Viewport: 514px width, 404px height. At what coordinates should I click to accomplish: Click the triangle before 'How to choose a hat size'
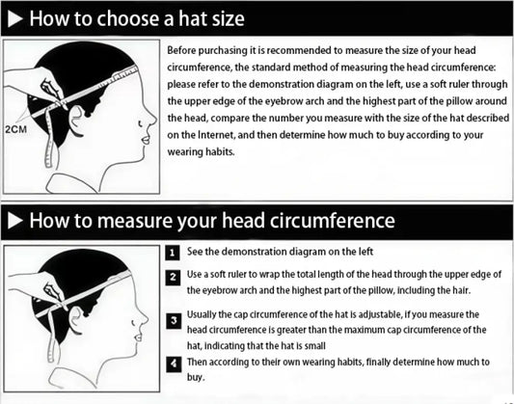pos(14,19)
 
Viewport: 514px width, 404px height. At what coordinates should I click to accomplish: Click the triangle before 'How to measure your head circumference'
pos(14,221)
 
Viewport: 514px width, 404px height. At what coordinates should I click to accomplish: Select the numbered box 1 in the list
pos(172,253)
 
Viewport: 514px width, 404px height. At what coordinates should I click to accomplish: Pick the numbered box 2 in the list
pos(172,278)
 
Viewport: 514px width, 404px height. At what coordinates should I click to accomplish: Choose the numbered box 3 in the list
pos(172,320)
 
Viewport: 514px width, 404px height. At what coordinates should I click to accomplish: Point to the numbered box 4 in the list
pos(172,364)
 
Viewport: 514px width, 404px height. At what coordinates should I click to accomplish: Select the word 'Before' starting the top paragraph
pos(184,49)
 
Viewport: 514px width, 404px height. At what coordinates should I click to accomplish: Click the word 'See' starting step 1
pos(195,252)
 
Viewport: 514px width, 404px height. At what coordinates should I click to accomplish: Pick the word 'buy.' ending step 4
pos(197,378)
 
